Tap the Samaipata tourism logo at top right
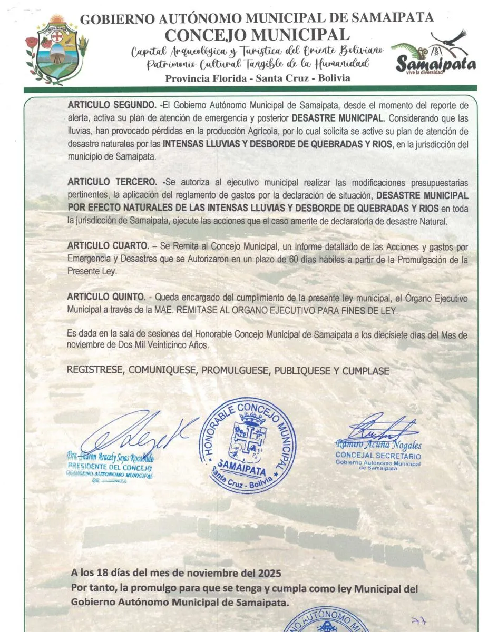point(436,54)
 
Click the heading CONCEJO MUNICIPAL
point(257,35)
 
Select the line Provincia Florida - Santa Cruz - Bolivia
point(257,78)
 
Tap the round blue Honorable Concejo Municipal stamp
point(248,445)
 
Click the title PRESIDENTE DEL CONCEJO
point(110,467)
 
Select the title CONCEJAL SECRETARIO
point(378,456)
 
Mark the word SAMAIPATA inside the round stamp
point(241,466)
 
